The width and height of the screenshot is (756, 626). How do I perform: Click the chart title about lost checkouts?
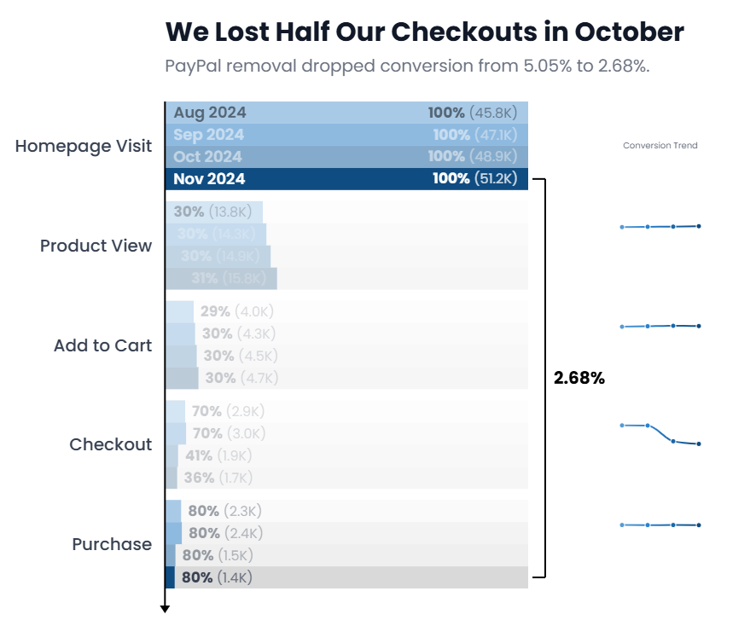tap(424, 32)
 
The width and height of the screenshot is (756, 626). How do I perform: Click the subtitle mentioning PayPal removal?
tap(407, 66)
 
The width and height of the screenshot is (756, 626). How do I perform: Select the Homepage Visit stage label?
tap(84, 146)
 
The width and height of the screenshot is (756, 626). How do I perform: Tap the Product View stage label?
tap(96, 246)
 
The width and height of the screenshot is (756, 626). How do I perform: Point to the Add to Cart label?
tap(102, 345)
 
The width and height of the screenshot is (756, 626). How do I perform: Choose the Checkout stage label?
tap(111, 444)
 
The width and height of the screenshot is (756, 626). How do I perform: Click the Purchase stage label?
tap(112, 544)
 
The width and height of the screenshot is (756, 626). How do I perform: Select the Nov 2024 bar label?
tap(209, 178)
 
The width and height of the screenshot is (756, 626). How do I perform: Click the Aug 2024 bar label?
tap(210, 113)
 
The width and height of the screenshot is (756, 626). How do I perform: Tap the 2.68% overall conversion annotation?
tap(579, 378)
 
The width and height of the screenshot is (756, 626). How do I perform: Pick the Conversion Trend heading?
tap(660, 146)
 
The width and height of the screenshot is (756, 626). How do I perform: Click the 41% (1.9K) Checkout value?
tap(218, 455)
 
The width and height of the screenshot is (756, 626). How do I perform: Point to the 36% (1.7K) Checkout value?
tap(218, 478)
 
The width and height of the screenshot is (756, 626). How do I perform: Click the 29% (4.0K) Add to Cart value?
tap(237, 311)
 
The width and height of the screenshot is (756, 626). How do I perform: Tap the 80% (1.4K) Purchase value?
tap(217, 577)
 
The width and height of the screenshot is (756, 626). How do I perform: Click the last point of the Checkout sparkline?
tap(699, 444)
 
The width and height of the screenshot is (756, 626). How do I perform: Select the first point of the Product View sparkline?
tap(622, 227)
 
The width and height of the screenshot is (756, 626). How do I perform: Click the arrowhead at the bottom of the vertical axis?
tap(166, 608)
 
